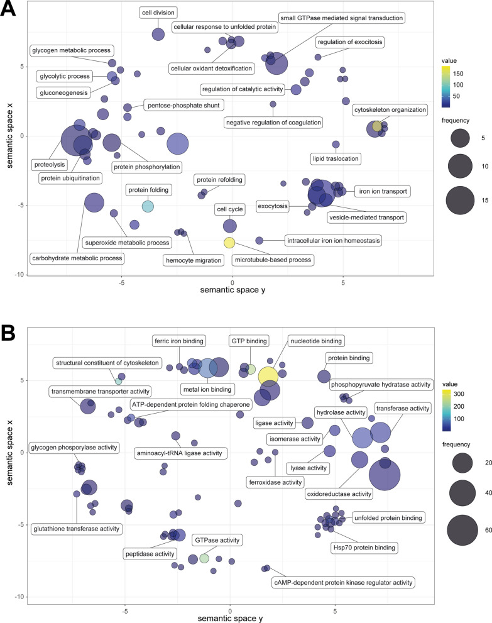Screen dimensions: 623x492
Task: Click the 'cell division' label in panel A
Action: coord(158,12)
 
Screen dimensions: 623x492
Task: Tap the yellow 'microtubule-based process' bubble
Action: coord(230,243)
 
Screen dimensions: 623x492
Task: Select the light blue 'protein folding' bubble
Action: coord(148,206)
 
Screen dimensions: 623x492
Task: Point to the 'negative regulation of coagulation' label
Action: coord(273,122)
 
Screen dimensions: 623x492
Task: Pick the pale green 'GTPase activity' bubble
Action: coord(204,558)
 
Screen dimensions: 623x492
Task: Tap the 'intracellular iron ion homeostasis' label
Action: coord(327,240)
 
